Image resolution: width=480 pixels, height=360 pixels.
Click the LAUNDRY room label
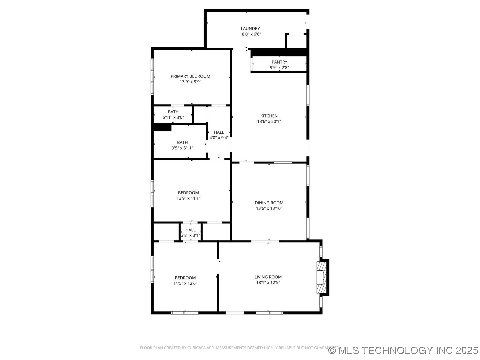(x=250, y=29)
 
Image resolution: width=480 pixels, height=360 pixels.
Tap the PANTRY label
(x=279, y=62)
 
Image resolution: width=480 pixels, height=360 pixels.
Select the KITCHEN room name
(x=269, y=116)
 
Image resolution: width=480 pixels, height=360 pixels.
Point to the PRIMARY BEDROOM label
(x=190, y=76)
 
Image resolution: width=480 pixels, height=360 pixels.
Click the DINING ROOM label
(x=269, y=203)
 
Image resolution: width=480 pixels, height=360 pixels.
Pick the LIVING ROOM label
(x=268, y=277)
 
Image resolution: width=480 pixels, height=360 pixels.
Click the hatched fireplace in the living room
(x=321, y=277)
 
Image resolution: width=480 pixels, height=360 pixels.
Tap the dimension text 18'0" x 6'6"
(x=250, y=34)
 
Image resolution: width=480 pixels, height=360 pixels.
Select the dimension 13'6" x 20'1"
(x=269, y=122)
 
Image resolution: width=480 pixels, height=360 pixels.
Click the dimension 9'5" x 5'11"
(x=182, y=148)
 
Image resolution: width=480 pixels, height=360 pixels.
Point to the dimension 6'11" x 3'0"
(x=173, y=117)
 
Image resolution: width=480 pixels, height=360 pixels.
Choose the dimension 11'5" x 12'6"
(x=185, y=283)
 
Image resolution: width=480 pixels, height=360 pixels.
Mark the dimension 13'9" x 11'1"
(x=188, y=198)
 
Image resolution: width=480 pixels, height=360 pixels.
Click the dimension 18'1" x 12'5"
(x=268, y=283)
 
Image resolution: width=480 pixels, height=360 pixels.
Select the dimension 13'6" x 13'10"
(x=269, y=208)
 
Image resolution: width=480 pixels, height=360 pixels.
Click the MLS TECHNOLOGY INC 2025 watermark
(x=403, y=350)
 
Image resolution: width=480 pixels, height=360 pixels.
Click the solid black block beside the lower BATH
(x=162, y=128)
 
